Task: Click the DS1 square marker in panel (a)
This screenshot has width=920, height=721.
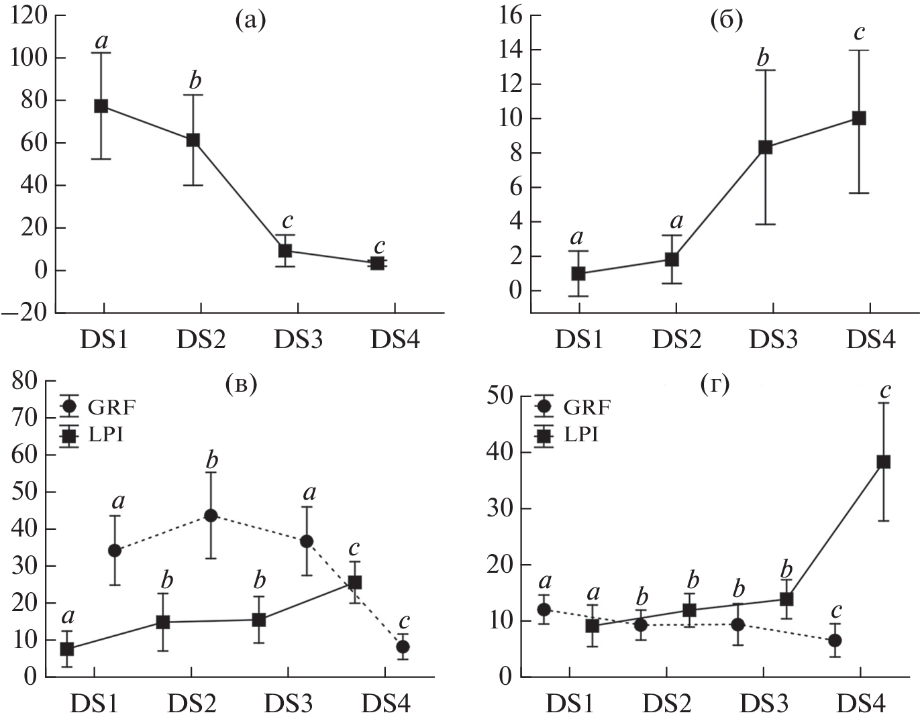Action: coord(101,106)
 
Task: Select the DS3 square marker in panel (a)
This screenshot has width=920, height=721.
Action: coord(285,251)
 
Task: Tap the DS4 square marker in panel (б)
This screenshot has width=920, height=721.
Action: coord(858,118)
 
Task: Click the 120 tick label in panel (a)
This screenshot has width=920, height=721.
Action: coord(30,16)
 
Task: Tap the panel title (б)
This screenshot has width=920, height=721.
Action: coord(727,21)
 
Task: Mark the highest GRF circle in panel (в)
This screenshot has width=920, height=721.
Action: coord(211,515)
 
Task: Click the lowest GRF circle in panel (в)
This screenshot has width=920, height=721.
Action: coord(403,647)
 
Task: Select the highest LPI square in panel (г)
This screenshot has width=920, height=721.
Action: coord(883,461)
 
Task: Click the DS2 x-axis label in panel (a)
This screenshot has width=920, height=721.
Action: coord(201,340)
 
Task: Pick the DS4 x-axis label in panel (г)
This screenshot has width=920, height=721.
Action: coord(861,704)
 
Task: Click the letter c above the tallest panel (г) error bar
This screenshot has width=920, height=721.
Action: coord(885,390)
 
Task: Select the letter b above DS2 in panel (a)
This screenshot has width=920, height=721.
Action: coord(195,81)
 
